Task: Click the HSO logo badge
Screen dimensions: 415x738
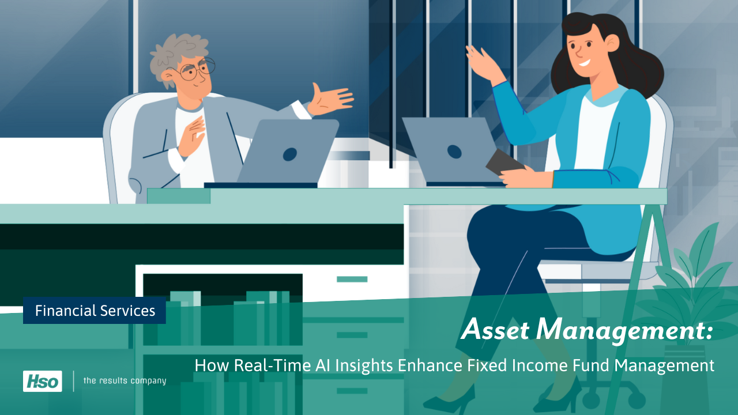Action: point(42,381)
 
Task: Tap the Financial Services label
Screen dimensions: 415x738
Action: point(95,311)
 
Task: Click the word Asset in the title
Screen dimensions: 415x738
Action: point(496,330)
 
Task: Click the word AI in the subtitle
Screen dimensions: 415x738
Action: point(311,365)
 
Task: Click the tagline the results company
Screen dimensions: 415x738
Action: point(125,380)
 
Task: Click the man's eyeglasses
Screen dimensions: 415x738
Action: point(193,70)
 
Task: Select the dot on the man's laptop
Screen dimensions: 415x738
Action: point(289,154)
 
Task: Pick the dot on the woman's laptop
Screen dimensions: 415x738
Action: point(454,152)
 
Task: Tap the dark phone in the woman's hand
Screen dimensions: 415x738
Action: point(504,163)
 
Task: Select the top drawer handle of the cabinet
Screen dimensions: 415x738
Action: point(352,279)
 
